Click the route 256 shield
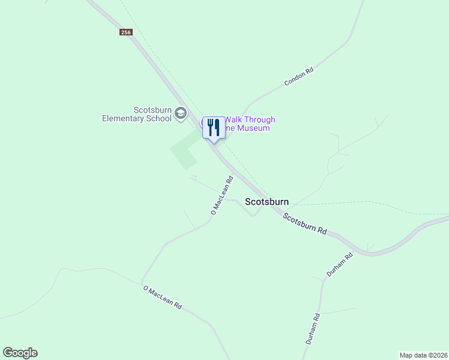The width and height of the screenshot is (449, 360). coord(125,32)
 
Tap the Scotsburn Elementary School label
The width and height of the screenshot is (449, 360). coord(136,114)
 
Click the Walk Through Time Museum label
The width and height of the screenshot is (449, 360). coord(249,124)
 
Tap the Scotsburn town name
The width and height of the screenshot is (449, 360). coord(267,202)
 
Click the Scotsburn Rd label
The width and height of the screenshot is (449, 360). coord(305,224)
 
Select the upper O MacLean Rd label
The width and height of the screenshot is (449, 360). coord(221,195)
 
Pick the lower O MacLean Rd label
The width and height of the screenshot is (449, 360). coord(162,297)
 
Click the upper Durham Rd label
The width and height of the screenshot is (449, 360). coord(339,264)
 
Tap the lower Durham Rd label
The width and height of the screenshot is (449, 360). coord(311,329)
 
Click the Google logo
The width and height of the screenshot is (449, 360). coord(20,353)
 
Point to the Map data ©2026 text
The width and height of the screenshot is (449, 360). coord(424,355)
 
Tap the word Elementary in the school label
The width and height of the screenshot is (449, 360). coord(122,118)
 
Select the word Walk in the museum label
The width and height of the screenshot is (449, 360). coord(234,120)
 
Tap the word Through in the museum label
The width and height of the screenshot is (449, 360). coord(260,120)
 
